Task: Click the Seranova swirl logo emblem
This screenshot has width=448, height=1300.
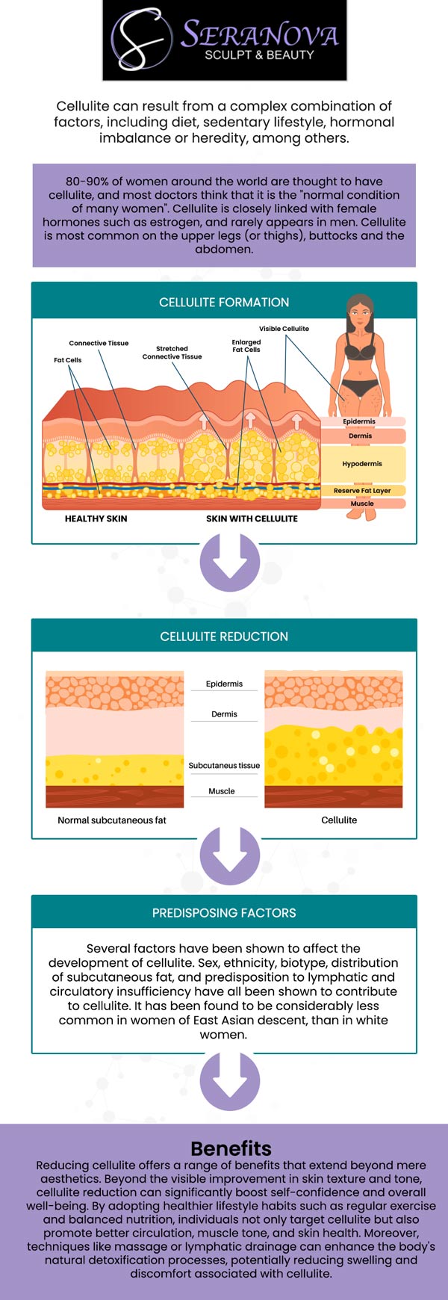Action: [x=140, y=39]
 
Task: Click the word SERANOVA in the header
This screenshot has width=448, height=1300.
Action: [x=259, y=34]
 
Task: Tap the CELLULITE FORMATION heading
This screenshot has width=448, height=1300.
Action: [x=224, y=303]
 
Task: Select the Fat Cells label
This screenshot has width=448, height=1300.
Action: [x=67, y=360]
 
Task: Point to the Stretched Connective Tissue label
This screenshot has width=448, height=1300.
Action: [x=172, y=353]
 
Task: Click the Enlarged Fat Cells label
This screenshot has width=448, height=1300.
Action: [x=246, y=346]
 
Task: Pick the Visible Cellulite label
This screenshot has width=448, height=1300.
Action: [x=284, y=329]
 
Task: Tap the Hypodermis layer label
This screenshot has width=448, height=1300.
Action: [x=362, y=464]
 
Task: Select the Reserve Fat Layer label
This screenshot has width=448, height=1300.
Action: [x=362, y=491]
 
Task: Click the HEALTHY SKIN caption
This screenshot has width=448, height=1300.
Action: [x=96, y=519]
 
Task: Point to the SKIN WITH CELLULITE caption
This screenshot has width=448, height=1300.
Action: [x=252, y=519]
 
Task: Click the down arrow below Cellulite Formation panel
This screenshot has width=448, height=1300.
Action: [x=230, y=566]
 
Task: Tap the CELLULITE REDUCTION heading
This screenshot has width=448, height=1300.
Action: [x=224, y=637]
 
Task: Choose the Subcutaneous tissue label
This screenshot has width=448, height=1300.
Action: [x=224, y=766]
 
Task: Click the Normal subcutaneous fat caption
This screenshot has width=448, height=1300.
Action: [x=112, y=820]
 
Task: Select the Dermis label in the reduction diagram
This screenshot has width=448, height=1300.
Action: [x=224, y=714]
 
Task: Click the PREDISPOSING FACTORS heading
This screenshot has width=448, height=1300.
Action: [x=224, y=913]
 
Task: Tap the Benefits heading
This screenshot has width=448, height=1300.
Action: [x=231, y=1148]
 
